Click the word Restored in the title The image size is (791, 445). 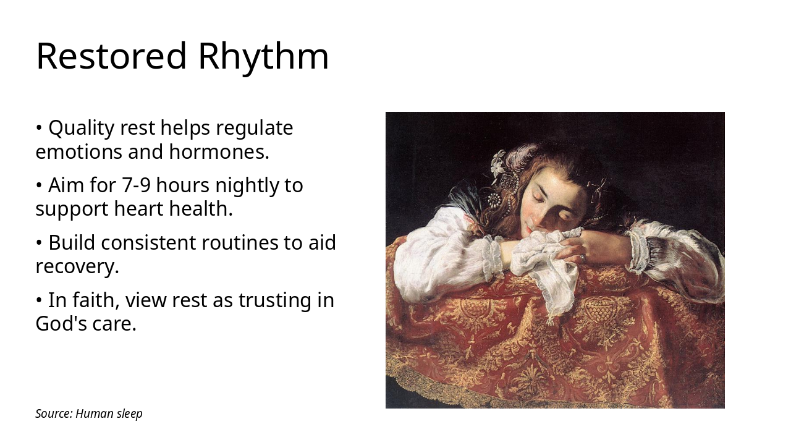(111, 56)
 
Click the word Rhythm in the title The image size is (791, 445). (263, 56)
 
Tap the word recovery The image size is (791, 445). (77, 266)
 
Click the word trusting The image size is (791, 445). (276, 300)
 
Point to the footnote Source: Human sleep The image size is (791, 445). (89, 413)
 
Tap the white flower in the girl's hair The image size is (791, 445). (498, 163)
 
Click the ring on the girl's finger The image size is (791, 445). (582, 258)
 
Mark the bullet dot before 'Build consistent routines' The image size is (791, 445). (39, 243)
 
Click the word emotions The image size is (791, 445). (78, 151)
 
